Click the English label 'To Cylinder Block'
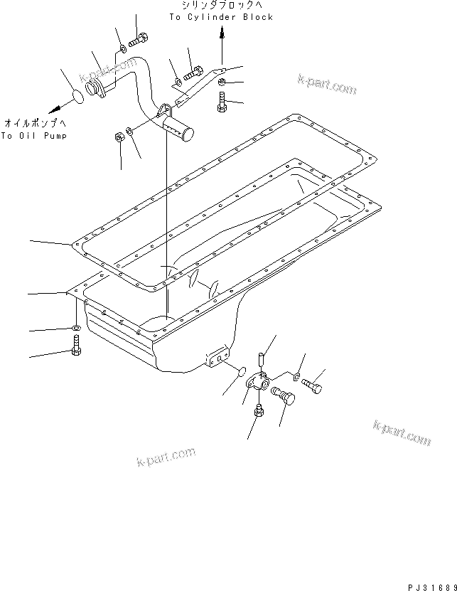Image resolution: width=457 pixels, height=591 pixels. click(x=220, y=17)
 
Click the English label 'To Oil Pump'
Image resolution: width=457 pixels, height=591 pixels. click(x=33, y=136)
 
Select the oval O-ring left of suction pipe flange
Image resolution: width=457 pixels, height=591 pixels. click(x=77, y=95)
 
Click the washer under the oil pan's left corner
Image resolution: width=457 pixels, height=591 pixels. click(x=75, y=328)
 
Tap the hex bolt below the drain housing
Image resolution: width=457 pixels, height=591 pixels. click(x=258, y=412)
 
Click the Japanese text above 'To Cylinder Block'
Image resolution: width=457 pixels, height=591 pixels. click(x=220, y=6)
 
